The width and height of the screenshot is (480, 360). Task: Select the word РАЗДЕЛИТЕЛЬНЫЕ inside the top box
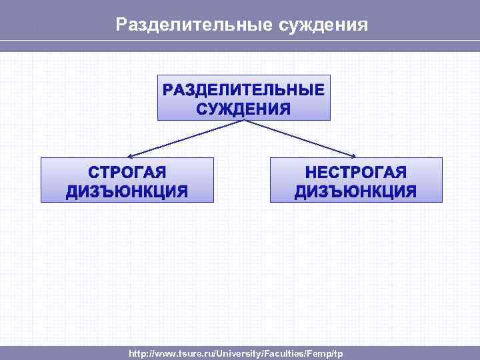pos(244,90)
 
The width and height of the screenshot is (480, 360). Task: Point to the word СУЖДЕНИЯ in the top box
pos(244,109)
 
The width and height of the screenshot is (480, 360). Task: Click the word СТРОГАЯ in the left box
pos(127,173)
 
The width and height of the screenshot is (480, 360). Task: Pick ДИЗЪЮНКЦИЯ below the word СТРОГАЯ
pos(127,192)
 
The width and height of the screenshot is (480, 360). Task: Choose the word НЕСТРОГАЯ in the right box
pos(356,173)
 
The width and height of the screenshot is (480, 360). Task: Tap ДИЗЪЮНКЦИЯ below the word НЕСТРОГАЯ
pos(356,192)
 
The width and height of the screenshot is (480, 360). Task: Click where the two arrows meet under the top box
pos(244,121)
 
